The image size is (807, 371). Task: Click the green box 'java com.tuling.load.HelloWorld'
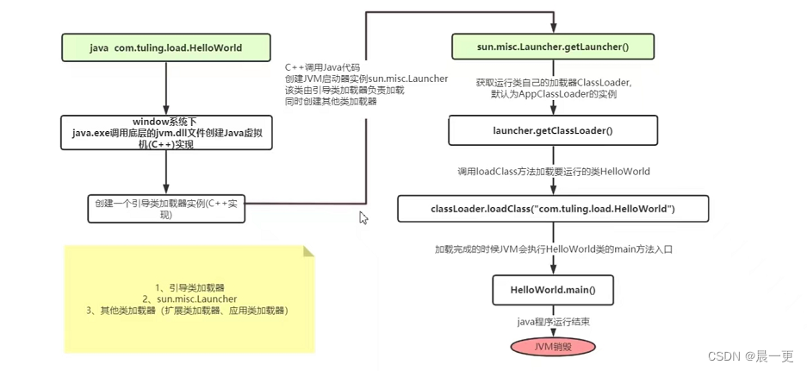coord(166,47)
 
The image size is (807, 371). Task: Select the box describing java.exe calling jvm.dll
coord(166,133)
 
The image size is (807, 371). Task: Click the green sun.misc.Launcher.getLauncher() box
coord(553,47)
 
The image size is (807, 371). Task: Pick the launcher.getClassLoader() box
coord(553,131)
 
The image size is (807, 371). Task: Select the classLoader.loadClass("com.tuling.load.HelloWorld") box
coord(553,209)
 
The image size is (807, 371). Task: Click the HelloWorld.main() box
coord(553,290)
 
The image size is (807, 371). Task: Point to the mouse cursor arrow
coord(363,217)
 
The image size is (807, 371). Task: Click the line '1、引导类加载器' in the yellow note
coord(189,286)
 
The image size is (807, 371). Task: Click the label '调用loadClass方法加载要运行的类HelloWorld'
coord(553,172)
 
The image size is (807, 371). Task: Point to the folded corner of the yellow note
coord(307,253)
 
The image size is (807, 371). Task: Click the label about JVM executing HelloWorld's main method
coord(553,249)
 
